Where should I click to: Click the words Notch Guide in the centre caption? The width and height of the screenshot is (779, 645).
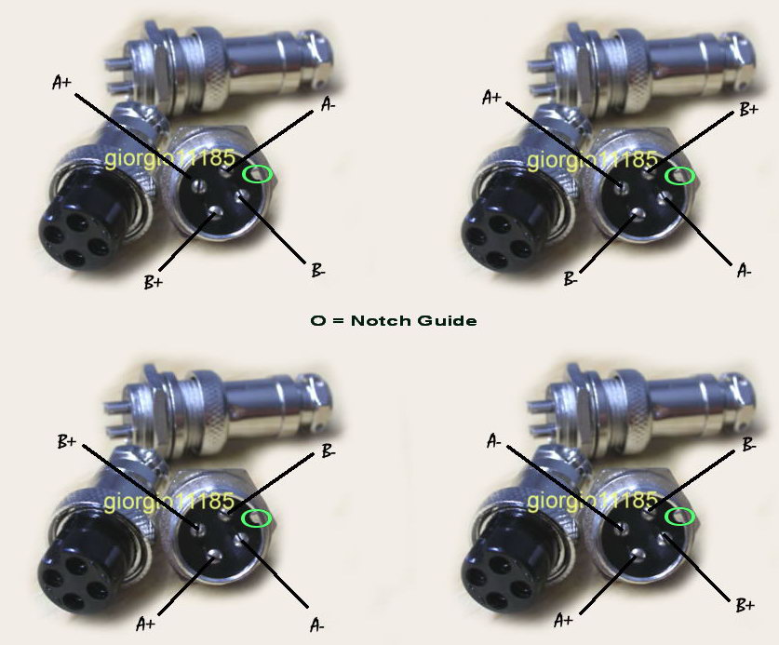[x=413, y=320]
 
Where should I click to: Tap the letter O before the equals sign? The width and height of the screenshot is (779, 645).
[x=318, y=320]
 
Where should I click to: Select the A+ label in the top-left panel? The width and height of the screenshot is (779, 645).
[x=62, y=83]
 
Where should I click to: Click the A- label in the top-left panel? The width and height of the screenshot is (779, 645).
[x=328, y=104]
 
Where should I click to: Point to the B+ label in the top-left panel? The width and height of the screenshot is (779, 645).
[x=153, y=283]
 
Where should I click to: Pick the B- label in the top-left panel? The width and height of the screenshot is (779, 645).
[x=318, y=271]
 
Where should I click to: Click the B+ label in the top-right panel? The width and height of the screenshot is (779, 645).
[x=748, y=109]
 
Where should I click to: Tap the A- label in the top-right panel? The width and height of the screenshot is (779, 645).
[x=745, y=271]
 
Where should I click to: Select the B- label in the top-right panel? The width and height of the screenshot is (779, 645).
[x=571, y=279]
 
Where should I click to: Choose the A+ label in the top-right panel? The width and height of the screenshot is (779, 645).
[x=491, y=98]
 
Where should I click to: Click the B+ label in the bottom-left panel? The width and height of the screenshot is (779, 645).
[x=67, y=441]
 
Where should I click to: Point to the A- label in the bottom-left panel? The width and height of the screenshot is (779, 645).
[x=317, y=625]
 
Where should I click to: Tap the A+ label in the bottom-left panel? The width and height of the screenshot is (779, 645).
[x=145, y=624]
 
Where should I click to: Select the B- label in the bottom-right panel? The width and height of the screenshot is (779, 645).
[x=748, y=445]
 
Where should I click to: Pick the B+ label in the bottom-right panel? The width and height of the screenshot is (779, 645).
[x=745, y=605]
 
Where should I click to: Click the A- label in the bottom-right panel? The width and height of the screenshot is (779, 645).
[x=494, y=441]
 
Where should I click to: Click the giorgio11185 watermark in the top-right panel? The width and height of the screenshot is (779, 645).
[x=592, y=160]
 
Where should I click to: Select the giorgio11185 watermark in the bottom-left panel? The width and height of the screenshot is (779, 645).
[x=169, y=502]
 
